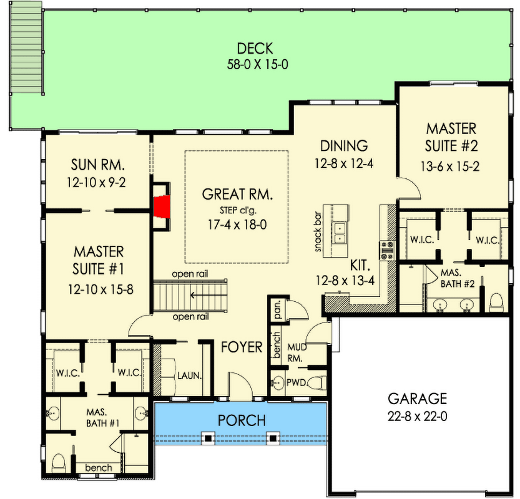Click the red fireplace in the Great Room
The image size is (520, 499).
point(162,206)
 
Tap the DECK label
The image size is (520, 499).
point(255,48)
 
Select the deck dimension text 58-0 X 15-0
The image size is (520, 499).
point(255,64)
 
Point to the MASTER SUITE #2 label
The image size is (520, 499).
point(451,137)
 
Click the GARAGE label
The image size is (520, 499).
point(418,398)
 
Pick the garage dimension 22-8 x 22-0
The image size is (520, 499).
point(418,415)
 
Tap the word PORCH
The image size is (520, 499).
point(242,420)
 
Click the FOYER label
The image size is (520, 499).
point(242,347)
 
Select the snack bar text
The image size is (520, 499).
point(318,233)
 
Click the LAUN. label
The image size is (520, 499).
point(188,375)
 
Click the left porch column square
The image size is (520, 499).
point(209,438)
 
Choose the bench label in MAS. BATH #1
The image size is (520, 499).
point(99,467)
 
